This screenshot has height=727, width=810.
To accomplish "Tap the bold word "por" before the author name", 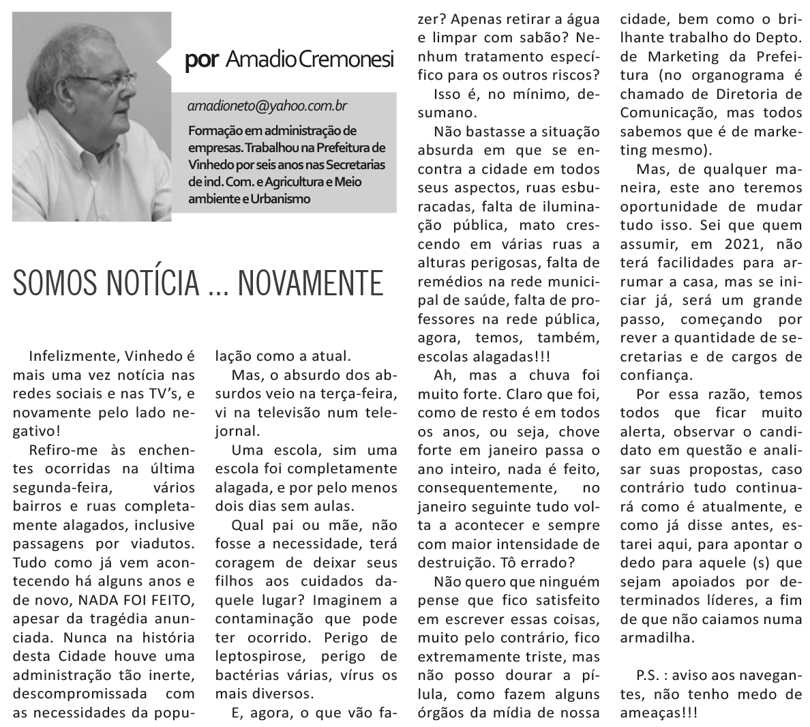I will click(201, 61).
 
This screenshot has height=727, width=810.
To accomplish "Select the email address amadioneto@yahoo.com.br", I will click(268, 106).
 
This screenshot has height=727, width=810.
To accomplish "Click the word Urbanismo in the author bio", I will click(282, 199).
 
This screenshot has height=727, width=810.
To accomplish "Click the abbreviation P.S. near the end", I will click(648, 675).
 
